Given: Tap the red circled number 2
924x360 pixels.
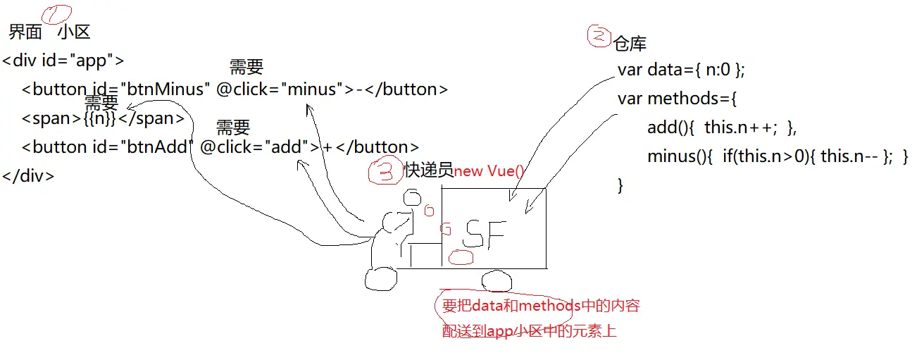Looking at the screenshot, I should coord(599,37).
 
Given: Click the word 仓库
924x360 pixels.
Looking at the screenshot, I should coord(630,44).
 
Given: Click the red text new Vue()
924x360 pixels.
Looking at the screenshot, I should coord(489,171).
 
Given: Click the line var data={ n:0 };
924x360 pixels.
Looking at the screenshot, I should coord(681,70).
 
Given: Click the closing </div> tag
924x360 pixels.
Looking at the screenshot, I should coord(28,176).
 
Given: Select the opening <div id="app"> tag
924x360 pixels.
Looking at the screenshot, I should coord(63,61).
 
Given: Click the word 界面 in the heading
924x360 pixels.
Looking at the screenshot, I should coord(25,32).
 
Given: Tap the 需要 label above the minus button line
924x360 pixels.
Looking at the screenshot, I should coord(246,68).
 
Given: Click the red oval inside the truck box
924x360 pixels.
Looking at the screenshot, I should coord(462,258).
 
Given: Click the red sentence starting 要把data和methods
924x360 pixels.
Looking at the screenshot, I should coord(540,306).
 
